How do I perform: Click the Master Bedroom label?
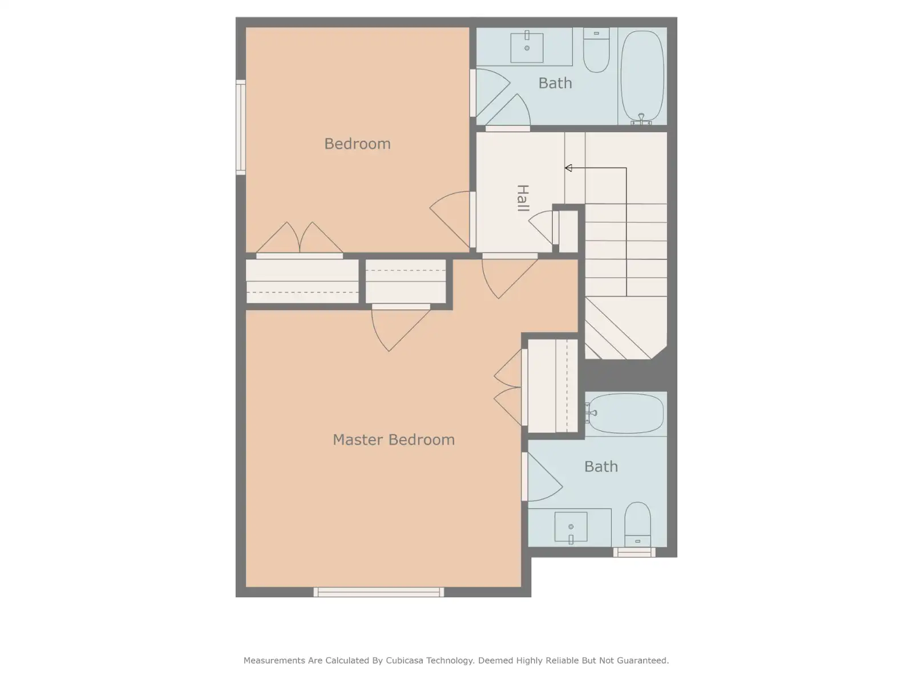tap(394, 440)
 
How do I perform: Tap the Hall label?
tap(523, 198)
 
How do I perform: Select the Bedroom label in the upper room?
tap(357, 144)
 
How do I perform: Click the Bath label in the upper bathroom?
tap(555, 83)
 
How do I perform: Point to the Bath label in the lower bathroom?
tap(601, 466)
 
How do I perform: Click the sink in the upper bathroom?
tap(527, 47)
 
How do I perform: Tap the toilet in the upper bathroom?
tap(596, 50)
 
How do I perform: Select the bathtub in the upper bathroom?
tap(642, 78)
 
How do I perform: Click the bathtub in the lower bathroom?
tap(624, 413)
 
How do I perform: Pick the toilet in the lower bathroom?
tap(637, 524)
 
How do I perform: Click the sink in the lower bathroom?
tap(571, 527)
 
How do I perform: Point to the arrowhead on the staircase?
tap(568, 168)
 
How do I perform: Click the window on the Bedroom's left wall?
tap(240, 127)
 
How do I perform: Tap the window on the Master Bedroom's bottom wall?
tap(378, 592)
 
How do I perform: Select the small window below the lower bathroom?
tap(634, 552)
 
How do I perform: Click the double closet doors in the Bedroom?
tap(300, 238)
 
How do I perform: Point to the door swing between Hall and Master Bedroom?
tap(510, 278)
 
